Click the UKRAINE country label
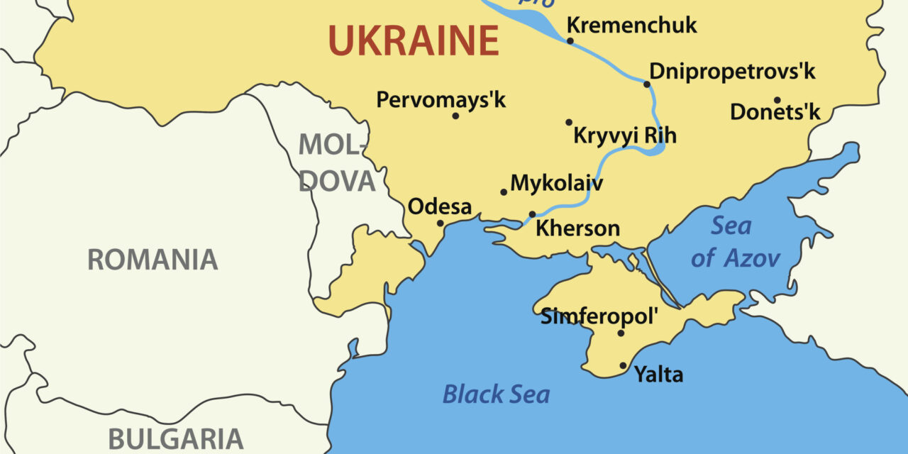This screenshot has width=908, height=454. click(x=414, y=40)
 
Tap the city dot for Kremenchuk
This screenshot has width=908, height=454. click(x=570, y=40)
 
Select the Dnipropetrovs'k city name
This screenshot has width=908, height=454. click(x=732, y=72)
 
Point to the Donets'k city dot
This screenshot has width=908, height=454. click(x=777, y=100)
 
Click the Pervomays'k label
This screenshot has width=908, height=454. click(x=441, y=100)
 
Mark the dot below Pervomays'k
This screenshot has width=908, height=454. click(x=455, y=116)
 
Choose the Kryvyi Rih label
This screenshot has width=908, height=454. click(x=624, y=135)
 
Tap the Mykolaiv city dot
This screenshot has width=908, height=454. click(x=504, y=192)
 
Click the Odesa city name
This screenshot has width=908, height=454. click(x=440, y=207)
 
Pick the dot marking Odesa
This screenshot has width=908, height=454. click(x=440, y=223)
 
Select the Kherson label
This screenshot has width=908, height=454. click(x=577, y=228)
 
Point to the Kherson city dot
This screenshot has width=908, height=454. click(x=532, y=214)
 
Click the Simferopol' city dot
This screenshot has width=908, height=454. click(x=621, y=333)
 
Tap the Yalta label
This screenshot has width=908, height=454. click(x=658, y=374)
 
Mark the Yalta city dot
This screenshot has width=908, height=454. click(x=624, y=366)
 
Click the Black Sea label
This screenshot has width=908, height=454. click(x=496, y=394)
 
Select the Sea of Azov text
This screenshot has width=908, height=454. click(x=734, y=242)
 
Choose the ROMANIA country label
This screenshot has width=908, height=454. click(x=152, y=260)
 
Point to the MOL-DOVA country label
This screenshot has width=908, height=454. click(x=335, y=162)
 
